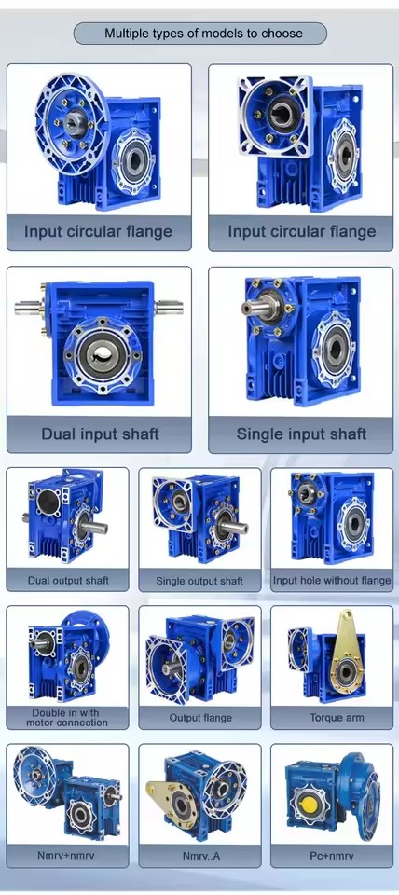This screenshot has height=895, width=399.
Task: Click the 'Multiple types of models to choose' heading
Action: coord(203,34)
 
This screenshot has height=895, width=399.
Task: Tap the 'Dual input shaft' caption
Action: coord(100,434)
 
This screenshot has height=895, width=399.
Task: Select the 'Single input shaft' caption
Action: coord(301,434)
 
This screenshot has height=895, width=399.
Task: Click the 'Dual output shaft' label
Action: coord(68,581)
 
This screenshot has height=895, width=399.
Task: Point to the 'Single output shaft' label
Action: coord(199,581)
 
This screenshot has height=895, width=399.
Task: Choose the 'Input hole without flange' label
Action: coord(332,581)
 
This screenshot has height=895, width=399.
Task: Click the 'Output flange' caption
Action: coord(200,718)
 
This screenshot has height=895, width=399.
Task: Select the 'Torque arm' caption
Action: coord(337,718)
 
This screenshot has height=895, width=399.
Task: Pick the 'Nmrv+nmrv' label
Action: coord(66,856)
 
